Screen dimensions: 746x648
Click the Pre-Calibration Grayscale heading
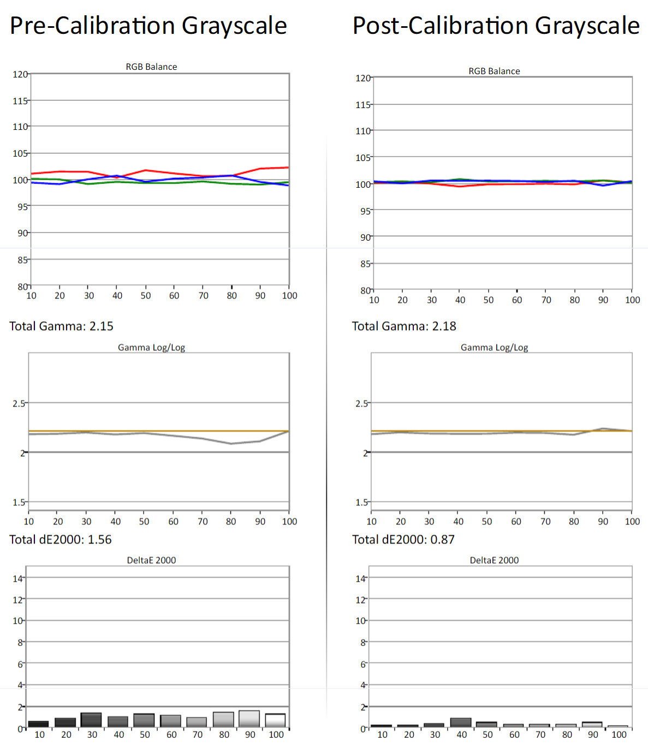click(148, 26)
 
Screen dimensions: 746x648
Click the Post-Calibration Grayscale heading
click(496, 26)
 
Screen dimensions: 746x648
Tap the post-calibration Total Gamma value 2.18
click(444, 326)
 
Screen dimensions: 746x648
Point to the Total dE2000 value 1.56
click(99, 540)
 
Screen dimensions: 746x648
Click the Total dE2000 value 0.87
click(442, 540)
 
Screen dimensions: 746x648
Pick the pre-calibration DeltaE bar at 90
click(249, 719)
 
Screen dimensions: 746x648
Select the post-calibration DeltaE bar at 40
click(461, 723)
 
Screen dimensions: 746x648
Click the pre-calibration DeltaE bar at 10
click(38, 724)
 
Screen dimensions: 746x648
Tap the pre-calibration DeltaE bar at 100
click(275, 720)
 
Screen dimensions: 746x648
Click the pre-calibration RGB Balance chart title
click(151, 67)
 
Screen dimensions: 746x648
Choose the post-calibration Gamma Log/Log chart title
click(494, 348)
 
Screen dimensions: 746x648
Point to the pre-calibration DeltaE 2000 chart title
click(151, 560)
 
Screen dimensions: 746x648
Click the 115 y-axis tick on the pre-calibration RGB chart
click(20, 101)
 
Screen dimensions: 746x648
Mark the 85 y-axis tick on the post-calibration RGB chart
click(365, 264)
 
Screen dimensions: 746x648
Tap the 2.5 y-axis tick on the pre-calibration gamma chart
click(19, 403)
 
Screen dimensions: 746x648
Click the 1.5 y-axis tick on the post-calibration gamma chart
click(362, 503)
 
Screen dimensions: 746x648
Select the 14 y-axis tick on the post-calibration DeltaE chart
click(360, 578)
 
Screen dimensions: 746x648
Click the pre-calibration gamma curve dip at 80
click(231, 444)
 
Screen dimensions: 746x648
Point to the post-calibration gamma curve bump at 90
click(603, 429)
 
